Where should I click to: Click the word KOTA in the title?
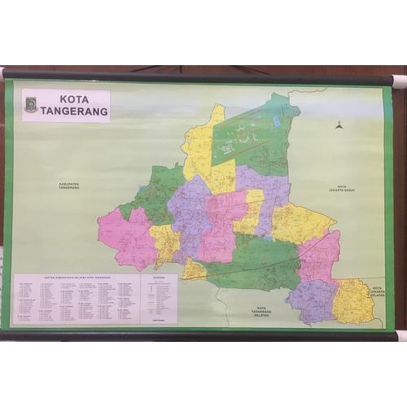73,98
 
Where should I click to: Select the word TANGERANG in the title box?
73,111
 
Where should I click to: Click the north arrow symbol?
339,125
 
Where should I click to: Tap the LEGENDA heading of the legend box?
158,278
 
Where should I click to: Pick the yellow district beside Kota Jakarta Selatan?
354,301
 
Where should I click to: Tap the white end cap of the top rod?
398,81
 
